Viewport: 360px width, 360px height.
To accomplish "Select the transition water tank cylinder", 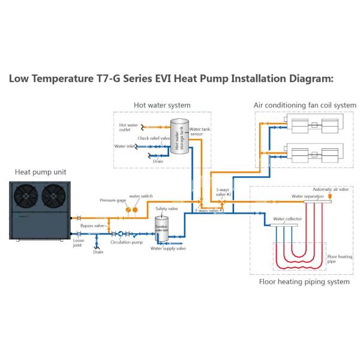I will [x=160, y=229].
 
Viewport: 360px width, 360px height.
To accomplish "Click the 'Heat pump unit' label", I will [x=40, y=172].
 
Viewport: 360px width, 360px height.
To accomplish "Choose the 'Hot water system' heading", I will [x=162, y=106].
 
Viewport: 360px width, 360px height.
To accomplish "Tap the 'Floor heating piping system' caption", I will [x=304, y=281].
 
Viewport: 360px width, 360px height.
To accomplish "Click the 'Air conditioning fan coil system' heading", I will [x=305, y=106].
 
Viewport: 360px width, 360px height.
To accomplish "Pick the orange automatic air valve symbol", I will [x=331, y=196].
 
